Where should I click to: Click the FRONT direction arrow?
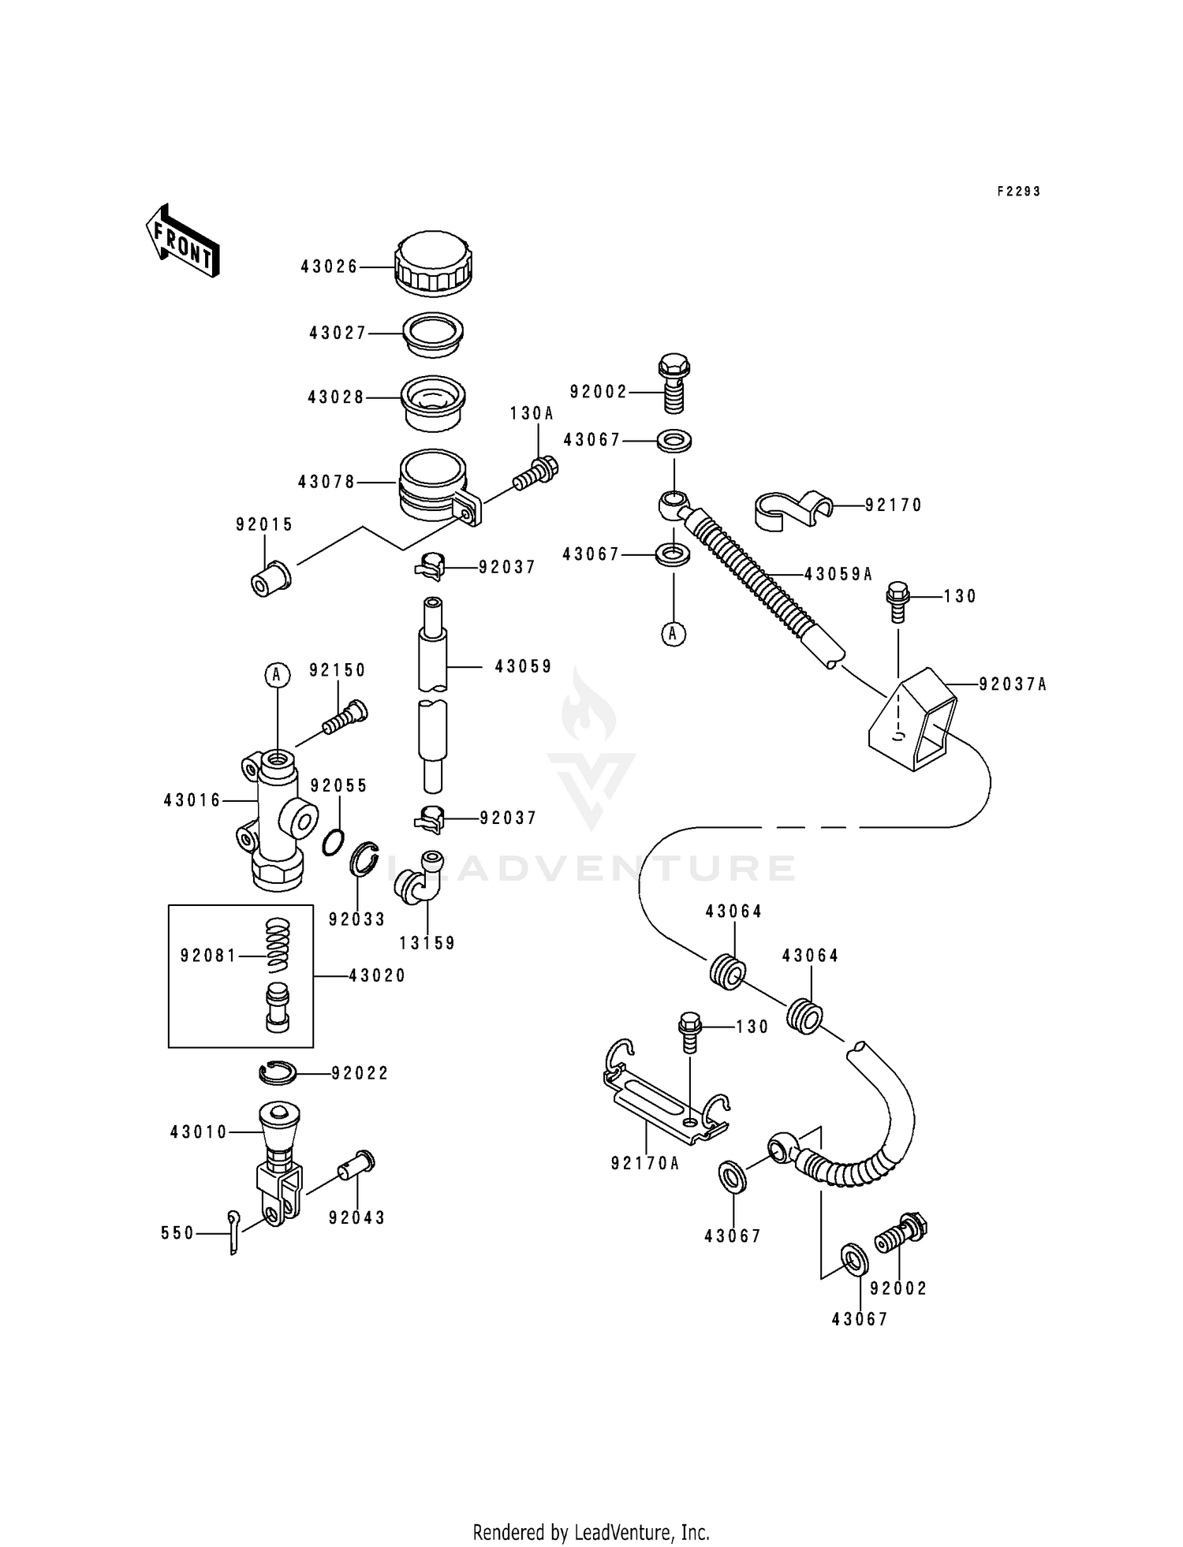(x=182, y=241)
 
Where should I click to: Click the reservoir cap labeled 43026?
(x=433, y=264)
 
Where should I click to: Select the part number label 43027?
(x=338, y=334)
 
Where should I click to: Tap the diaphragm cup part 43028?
(x=433, y=403)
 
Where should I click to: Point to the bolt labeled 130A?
(x=536, y=472)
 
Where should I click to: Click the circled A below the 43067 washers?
(x=674, y=634)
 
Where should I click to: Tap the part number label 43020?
(x=377, y=976)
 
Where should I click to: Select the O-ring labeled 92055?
(x=334, y=842)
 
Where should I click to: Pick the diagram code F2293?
(x=1018, y=192)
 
